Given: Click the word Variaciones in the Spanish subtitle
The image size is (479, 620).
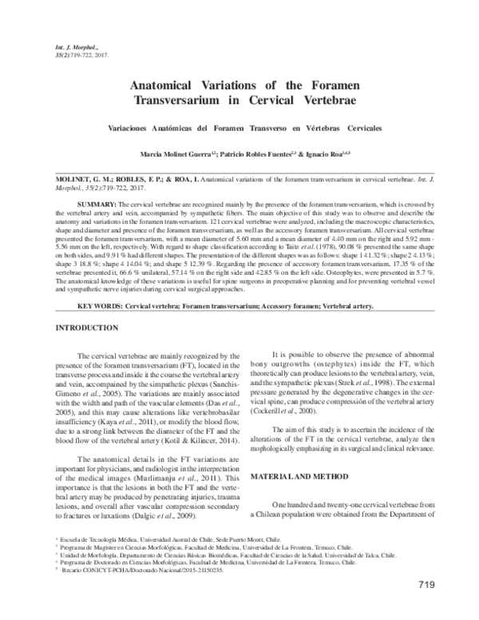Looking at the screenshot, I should pos(130,128).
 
